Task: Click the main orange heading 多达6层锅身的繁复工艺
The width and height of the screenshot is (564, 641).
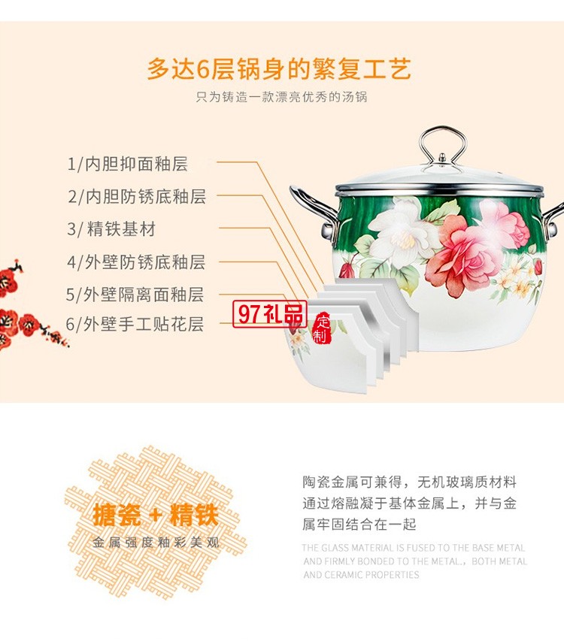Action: point(279,69)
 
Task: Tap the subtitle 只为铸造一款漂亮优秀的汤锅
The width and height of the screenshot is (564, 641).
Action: point(281,97)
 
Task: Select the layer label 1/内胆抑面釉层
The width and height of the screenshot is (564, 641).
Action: point(128,164)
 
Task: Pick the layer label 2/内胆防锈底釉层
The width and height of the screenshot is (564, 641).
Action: point(137,197)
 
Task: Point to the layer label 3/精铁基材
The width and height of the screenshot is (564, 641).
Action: point(111,229)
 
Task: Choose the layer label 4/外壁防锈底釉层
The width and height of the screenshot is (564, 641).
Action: point(136,262)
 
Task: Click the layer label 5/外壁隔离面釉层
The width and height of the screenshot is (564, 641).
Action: point(135,295)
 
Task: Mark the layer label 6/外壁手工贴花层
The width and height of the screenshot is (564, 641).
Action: point(135,324)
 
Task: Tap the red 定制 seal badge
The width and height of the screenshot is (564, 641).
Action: point(322,328)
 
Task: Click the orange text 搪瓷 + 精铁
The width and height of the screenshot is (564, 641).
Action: point(155,516)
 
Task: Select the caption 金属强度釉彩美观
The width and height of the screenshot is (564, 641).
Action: point(156,542)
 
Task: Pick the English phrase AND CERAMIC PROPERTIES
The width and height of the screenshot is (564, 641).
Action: point(361,575)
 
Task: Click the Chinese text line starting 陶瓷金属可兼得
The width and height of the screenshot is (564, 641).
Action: point(409,482)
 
